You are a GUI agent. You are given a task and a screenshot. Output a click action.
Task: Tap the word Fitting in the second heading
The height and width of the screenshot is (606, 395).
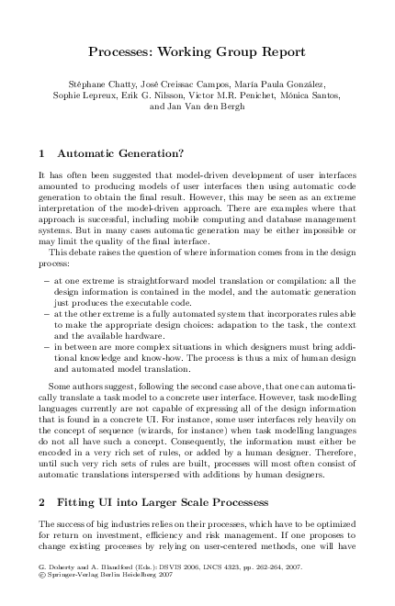tap(80, 504)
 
